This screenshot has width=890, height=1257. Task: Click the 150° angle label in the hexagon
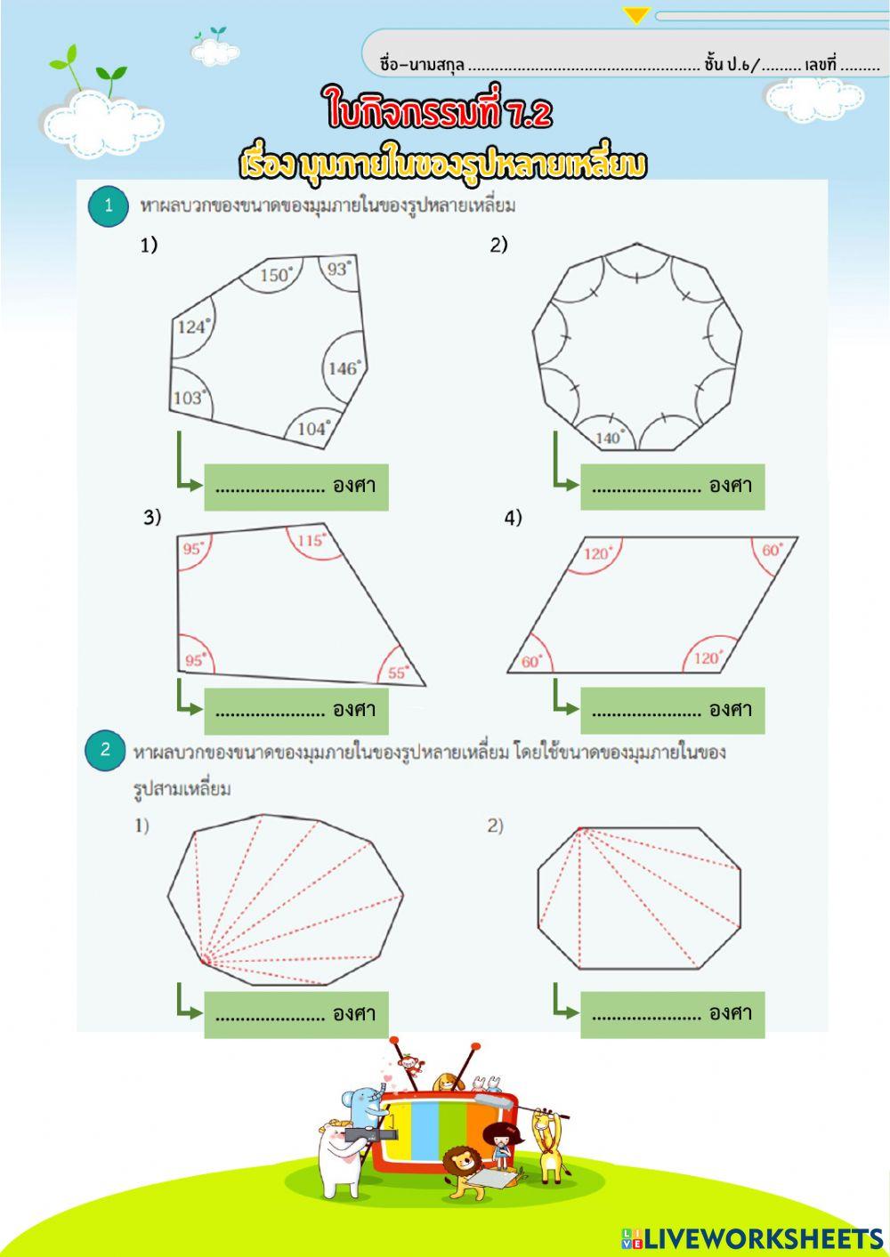coord(276,275)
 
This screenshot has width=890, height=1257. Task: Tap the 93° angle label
coord(338,268)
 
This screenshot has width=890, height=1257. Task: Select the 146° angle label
coord(344,367)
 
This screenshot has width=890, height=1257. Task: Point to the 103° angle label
coord(189,397)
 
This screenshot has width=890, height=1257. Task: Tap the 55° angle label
coord(398,673)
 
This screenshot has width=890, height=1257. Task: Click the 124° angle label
coord(192,326)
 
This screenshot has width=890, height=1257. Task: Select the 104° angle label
coord(313,428)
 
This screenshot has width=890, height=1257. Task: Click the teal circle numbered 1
coord(109,205)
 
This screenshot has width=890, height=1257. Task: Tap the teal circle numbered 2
coord(105,749)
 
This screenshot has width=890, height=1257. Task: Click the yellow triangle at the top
coord(636,15)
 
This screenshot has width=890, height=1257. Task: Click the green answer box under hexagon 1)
coord(295,487)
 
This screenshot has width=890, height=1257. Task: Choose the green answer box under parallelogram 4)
coord(672,710)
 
